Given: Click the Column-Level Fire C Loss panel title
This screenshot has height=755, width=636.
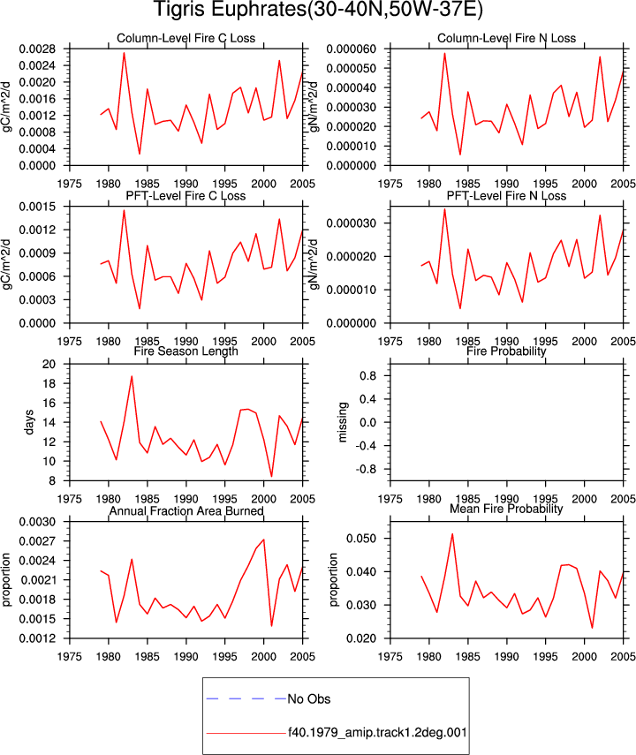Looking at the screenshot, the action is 186,38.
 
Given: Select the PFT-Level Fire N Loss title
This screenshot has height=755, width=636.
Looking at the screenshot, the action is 506,195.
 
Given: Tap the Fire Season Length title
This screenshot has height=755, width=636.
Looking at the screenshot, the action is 186,351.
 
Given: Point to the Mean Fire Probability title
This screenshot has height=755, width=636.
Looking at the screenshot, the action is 506,509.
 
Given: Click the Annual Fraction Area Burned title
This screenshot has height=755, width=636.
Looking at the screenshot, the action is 186,511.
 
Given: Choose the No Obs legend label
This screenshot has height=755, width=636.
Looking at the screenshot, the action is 309,698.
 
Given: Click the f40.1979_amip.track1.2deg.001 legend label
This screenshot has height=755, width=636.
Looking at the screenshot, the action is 377,733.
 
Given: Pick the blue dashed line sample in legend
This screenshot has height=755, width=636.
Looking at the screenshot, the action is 246,698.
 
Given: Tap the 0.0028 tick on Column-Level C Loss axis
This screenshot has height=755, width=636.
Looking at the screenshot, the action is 37,49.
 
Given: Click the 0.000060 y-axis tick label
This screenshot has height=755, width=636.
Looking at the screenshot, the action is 352,49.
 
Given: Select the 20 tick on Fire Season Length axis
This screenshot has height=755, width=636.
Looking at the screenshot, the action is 49,365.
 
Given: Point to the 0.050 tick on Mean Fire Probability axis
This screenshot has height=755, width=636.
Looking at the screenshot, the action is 361,539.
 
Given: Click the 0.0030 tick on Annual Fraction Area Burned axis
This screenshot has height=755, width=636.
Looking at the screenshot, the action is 37,522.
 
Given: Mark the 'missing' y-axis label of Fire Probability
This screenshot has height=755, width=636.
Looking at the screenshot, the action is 343,422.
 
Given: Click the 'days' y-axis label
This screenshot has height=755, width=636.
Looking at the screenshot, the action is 29,422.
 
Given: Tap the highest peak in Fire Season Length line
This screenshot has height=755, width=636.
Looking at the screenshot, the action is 132,376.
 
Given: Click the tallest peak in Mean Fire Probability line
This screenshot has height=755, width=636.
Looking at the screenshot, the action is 452,533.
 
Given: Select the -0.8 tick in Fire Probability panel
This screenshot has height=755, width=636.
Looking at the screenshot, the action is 368,470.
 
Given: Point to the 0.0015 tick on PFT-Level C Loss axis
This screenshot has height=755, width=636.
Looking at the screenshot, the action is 37,207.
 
